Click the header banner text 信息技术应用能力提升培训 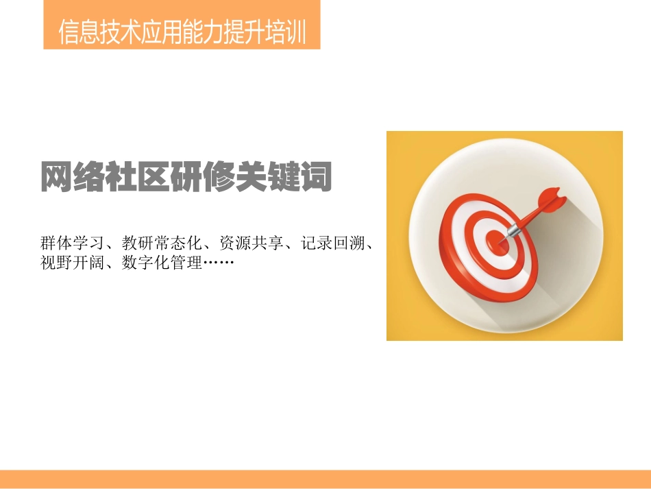click(x=182, y=32)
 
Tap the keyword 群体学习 click(x=71, y=243)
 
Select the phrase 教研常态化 click(x=162, y=243)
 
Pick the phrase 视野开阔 click(x=71, y=263)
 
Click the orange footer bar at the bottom click(x=325, y=479)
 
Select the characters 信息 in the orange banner click(x=79, y=32)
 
